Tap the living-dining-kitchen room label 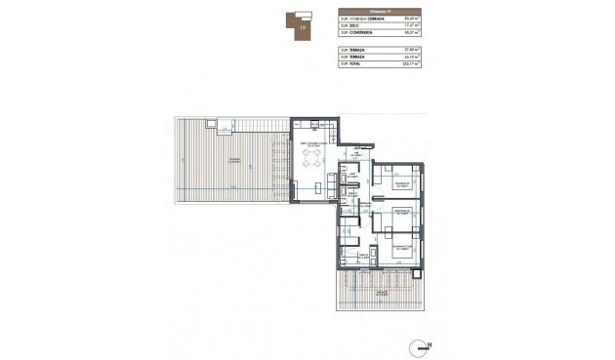[314, 143]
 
